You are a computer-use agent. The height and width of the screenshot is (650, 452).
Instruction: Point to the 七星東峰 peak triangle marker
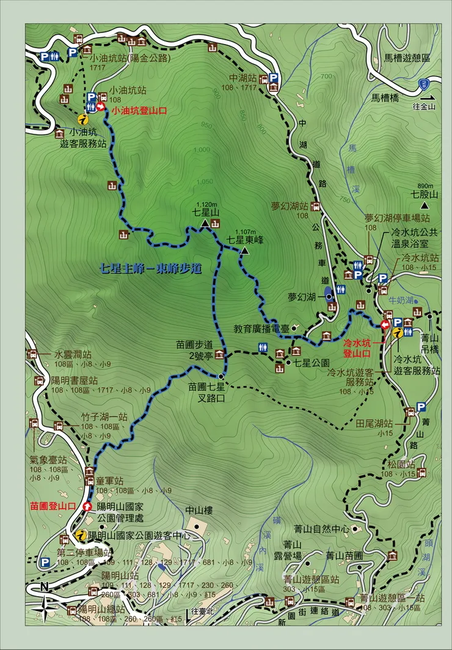(x=244, y=251)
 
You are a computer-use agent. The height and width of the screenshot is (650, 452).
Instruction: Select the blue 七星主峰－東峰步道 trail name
(x=152, y=268)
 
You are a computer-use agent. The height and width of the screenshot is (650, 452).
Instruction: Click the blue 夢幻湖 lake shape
(x=329, y=294)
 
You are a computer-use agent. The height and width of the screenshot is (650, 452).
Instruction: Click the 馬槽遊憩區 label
(x=409, y=57)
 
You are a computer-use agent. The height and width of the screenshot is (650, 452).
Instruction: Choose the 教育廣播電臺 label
(x=261, y=329)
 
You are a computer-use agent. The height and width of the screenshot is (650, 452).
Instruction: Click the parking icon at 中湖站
(x=274, y=78)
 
